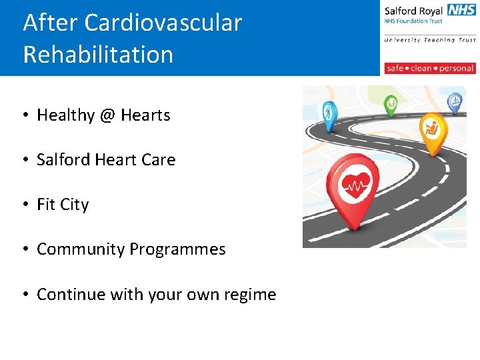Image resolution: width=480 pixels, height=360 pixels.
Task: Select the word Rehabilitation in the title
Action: (x=98, y=55)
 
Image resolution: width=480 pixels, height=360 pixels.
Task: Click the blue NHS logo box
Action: (x=461, y=10)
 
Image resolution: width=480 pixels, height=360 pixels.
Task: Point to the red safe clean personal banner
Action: (x=430, y=68)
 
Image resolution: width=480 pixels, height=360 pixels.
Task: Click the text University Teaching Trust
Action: (x=429, y=40)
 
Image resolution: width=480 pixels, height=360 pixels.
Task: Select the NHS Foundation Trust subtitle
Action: (x=414, y=21)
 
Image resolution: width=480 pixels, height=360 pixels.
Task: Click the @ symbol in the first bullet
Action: (x=107, y=115)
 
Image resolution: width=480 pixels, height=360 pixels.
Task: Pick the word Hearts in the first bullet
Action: (x=145, y=115)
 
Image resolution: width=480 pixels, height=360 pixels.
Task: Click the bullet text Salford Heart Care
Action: (x=106, y=160)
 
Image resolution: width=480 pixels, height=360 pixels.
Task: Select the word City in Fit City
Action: (x=75, y=205)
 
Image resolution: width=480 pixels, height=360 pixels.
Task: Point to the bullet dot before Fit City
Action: (x=23, y=205)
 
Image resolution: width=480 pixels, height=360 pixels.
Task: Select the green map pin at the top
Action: (x=391, y=104)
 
